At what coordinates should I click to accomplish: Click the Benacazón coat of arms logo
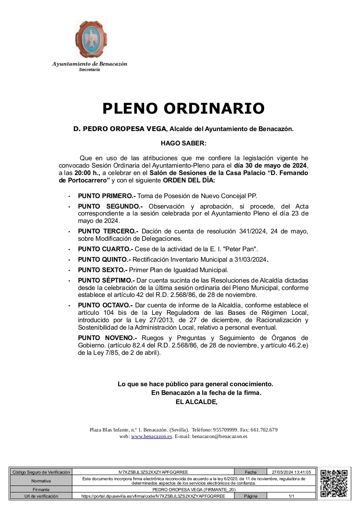(91, 40)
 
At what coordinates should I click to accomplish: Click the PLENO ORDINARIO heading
(183, 108)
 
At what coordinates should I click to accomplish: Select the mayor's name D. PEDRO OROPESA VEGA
(119, 129)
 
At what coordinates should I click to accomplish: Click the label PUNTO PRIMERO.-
(107, 196)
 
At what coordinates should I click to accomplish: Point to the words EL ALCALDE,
(196, 402)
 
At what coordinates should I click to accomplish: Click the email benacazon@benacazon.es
(220, 436)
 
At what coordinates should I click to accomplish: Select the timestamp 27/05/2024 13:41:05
(291, 472)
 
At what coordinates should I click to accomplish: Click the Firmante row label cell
(41, 490)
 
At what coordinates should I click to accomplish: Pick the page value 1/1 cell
(291, 496)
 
